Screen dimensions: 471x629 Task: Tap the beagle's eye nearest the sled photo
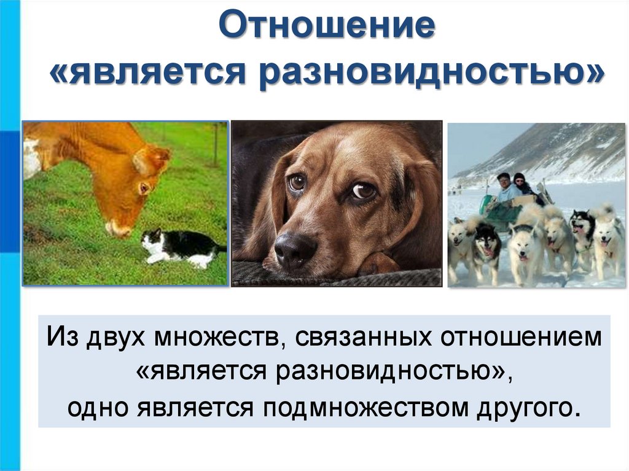(x=363, y=191)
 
